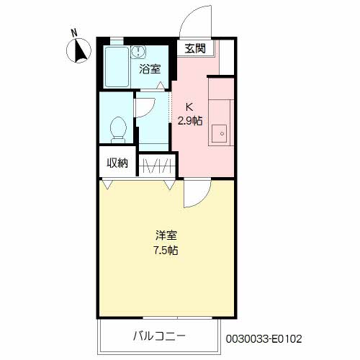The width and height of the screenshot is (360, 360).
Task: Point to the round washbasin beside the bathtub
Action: [140, 51]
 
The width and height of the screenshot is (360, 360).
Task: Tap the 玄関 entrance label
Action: [194, 49]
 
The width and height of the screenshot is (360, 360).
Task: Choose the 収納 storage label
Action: [117, 163]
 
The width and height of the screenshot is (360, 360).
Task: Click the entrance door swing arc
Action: [196, 20]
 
